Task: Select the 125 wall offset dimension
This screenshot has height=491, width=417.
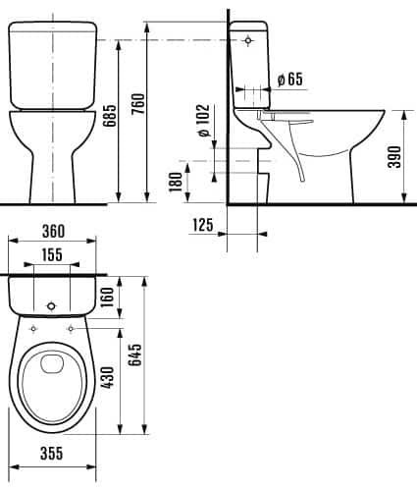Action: [203, 226]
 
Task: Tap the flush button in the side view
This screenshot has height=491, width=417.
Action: [248, 40]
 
